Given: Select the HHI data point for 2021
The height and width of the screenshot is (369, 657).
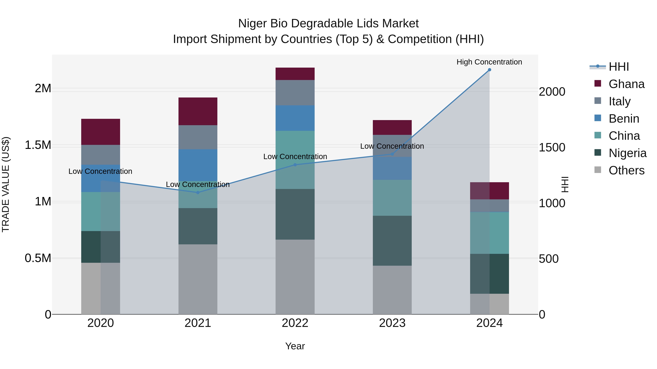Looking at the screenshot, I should pos(198,193).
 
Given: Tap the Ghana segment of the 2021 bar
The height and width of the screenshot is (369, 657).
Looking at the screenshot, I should pos(198,111).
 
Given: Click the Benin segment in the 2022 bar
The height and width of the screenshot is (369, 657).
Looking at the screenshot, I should pos(295,118).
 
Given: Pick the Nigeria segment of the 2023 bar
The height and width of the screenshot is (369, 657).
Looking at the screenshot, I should pos(392,241).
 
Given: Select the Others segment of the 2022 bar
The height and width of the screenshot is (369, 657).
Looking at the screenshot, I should pos(295,277).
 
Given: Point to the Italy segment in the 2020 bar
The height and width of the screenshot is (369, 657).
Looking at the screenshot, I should pos(101,155).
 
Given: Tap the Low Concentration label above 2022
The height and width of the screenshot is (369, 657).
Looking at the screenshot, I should pos(295,156).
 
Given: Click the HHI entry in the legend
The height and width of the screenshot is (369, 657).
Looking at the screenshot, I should pos(618,67).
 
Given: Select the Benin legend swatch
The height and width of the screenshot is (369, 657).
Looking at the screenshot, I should pos(598,118).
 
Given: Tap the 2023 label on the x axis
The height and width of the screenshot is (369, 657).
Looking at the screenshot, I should pos(392,323).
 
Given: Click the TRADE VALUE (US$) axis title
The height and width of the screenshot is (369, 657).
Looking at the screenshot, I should pos(6,184).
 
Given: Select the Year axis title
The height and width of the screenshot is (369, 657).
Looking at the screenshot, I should pos(295,346).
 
